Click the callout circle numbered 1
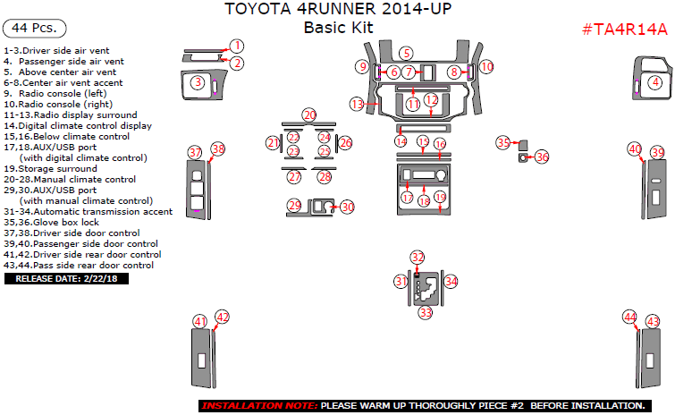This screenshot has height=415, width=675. coord(236,46)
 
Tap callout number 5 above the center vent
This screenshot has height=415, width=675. coord(407,54)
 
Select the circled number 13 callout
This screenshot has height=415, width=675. coord(358,104)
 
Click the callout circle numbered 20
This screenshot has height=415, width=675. coord(309,115)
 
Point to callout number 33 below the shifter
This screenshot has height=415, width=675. coord(426,313)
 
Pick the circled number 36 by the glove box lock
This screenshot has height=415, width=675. coord(542,157)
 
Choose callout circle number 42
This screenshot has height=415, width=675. coord(223,317)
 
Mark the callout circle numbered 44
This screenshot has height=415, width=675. coord(631,317)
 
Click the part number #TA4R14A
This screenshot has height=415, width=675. coord(624,29)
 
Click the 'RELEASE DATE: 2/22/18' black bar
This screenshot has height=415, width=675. coord(67,279)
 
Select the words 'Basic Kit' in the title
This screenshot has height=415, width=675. coord(338,28)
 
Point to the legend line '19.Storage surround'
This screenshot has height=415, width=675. coord(50,168)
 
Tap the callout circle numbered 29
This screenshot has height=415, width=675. coord(294,206)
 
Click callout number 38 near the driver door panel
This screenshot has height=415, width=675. coord(218,148)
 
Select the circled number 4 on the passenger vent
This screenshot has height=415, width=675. coord(655,82)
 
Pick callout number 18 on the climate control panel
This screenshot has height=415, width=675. coord(424,201)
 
